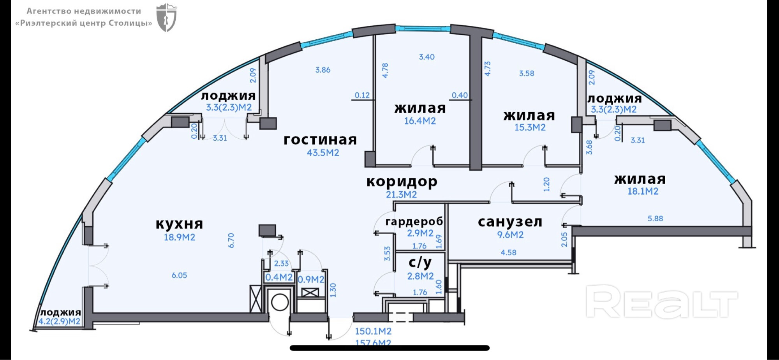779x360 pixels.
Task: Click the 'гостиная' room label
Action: click(x=320, y=140)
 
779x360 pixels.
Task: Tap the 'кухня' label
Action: click(x=179, y=224)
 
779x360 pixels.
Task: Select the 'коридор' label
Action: click(x=402, y=182)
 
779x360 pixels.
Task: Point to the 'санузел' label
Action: click(x=510, y=222)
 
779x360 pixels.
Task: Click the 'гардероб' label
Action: click(x=414, y=222)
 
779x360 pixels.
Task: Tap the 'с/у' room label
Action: click(x=420, y=263)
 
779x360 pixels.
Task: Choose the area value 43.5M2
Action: click(x=323, y=153)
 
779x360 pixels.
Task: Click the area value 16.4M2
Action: click(x=420, y=121)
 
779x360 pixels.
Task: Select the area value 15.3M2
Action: click(x=530, y=127)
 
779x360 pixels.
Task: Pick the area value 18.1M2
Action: click(x=643, y=191)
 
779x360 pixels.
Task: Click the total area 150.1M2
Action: click(x=373, y=332)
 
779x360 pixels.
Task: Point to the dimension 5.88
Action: click(x=655, y=219)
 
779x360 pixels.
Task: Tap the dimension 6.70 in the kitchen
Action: click(x=231, y=240)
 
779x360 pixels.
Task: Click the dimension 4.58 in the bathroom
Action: click(x=508, y=252)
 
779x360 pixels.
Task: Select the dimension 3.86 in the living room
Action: click(x=323, y=70)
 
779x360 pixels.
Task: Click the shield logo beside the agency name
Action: click(x=166, y=18)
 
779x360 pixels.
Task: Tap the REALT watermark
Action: click(x=661, y=301)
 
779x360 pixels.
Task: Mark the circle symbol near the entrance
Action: click(x=280, y=302)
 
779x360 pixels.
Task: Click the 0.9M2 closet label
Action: click(x=311, y=279)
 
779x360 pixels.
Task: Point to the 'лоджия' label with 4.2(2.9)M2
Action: click(x=60, y=312)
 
